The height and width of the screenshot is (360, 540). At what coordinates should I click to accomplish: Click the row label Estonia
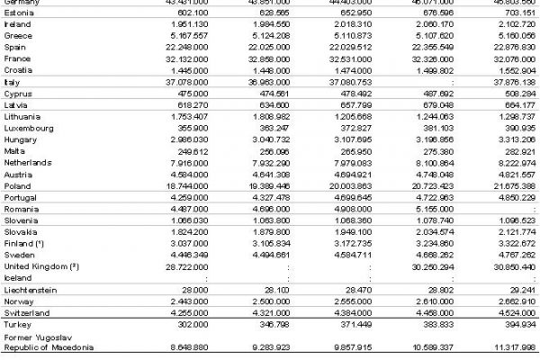(x=20, y=13)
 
